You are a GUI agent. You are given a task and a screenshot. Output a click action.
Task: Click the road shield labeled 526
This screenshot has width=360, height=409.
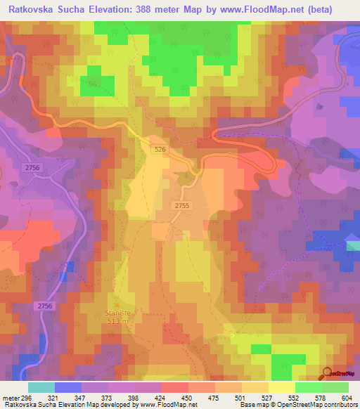point(160,148)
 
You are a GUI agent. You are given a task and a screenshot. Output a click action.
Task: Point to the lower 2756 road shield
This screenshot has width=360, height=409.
point(45,305)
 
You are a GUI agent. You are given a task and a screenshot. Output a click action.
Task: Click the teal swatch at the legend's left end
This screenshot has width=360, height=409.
point(41,387)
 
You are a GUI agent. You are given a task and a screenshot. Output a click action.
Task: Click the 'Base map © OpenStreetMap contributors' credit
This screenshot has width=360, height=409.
point(297,405)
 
